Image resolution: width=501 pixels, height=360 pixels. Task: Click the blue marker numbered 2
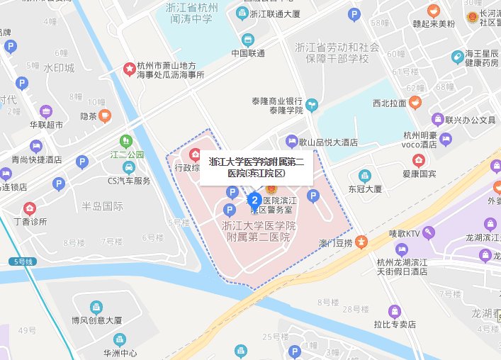pos(256,200)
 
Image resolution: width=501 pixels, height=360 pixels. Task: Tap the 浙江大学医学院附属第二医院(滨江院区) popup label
pos(256,167)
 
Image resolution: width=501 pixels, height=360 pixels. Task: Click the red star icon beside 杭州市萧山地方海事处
pos(130,69)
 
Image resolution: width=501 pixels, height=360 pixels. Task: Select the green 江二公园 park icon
pos(125,141)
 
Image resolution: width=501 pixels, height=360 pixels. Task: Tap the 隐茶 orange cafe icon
pos(105,116)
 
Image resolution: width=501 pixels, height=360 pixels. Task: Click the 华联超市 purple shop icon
pos(46,111)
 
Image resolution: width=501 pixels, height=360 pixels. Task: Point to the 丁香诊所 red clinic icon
pos(30,208)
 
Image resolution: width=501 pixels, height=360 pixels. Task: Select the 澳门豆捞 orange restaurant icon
pos(361,243)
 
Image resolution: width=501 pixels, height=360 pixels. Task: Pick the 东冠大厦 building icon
pos(364,175)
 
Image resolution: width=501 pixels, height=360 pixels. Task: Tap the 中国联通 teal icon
pos(247,40)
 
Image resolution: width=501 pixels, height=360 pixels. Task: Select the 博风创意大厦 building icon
pos(91,307)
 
